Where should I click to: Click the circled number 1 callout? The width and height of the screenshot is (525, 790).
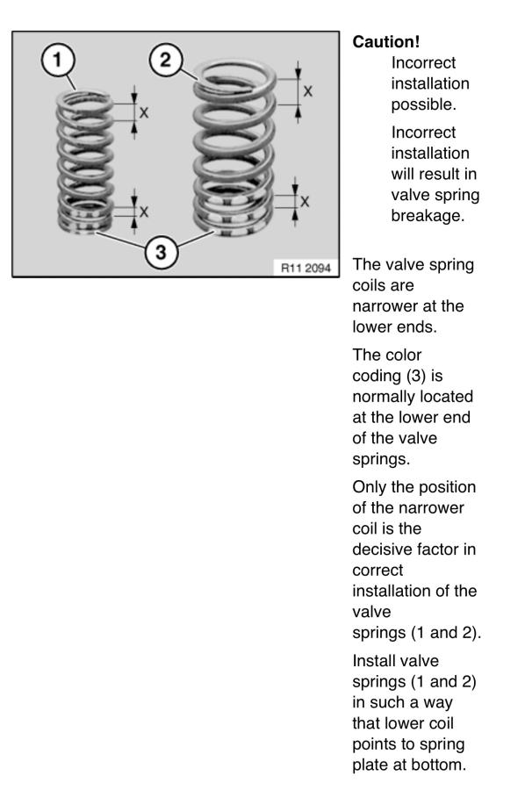point(57,60)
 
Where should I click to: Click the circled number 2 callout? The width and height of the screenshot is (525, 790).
point(165,60)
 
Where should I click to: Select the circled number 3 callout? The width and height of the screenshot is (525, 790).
point(161,251)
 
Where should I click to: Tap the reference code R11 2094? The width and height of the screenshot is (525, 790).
point(306,268)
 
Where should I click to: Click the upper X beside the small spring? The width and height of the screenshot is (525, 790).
point(144,112)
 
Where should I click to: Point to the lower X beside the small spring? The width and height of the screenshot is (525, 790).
point(144,212)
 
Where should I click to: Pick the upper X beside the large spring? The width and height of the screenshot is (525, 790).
point(307,91)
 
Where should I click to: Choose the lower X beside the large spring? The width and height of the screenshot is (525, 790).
point(305,202)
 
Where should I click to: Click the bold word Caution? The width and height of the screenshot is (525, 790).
point(386,42)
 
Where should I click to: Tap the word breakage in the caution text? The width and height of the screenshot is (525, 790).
point(428,216)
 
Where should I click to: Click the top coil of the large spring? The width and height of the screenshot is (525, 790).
point(234,76)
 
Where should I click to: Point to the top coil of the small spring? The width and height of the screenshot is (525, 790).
point(84,99)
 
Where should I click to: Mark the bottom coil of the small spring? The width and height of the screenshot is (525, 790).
point(83,226)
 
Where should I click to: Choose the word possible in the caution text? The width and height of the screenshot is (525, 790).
point(423,104)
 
